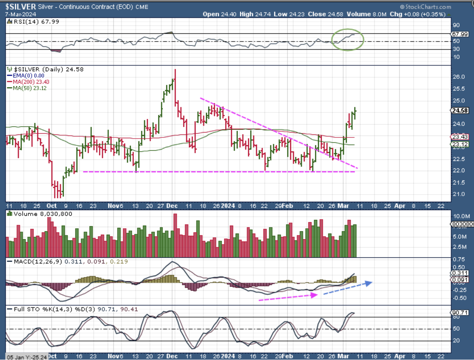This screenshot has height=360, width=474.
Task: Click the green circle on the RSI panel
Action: (347, 39)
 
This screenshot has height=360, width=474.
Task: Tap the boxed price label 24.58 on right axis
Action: (459, 111)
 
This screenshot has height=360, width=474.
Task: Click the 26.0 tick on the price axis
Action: (457, 77)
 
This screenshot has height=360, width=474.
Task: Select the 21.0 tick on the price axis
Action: (457, 194)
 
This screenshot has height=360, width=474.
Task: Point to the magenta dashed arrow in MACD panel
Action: (288, 297)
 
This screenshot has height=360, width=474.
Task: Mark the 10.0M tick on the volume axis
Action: (459, 215)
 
